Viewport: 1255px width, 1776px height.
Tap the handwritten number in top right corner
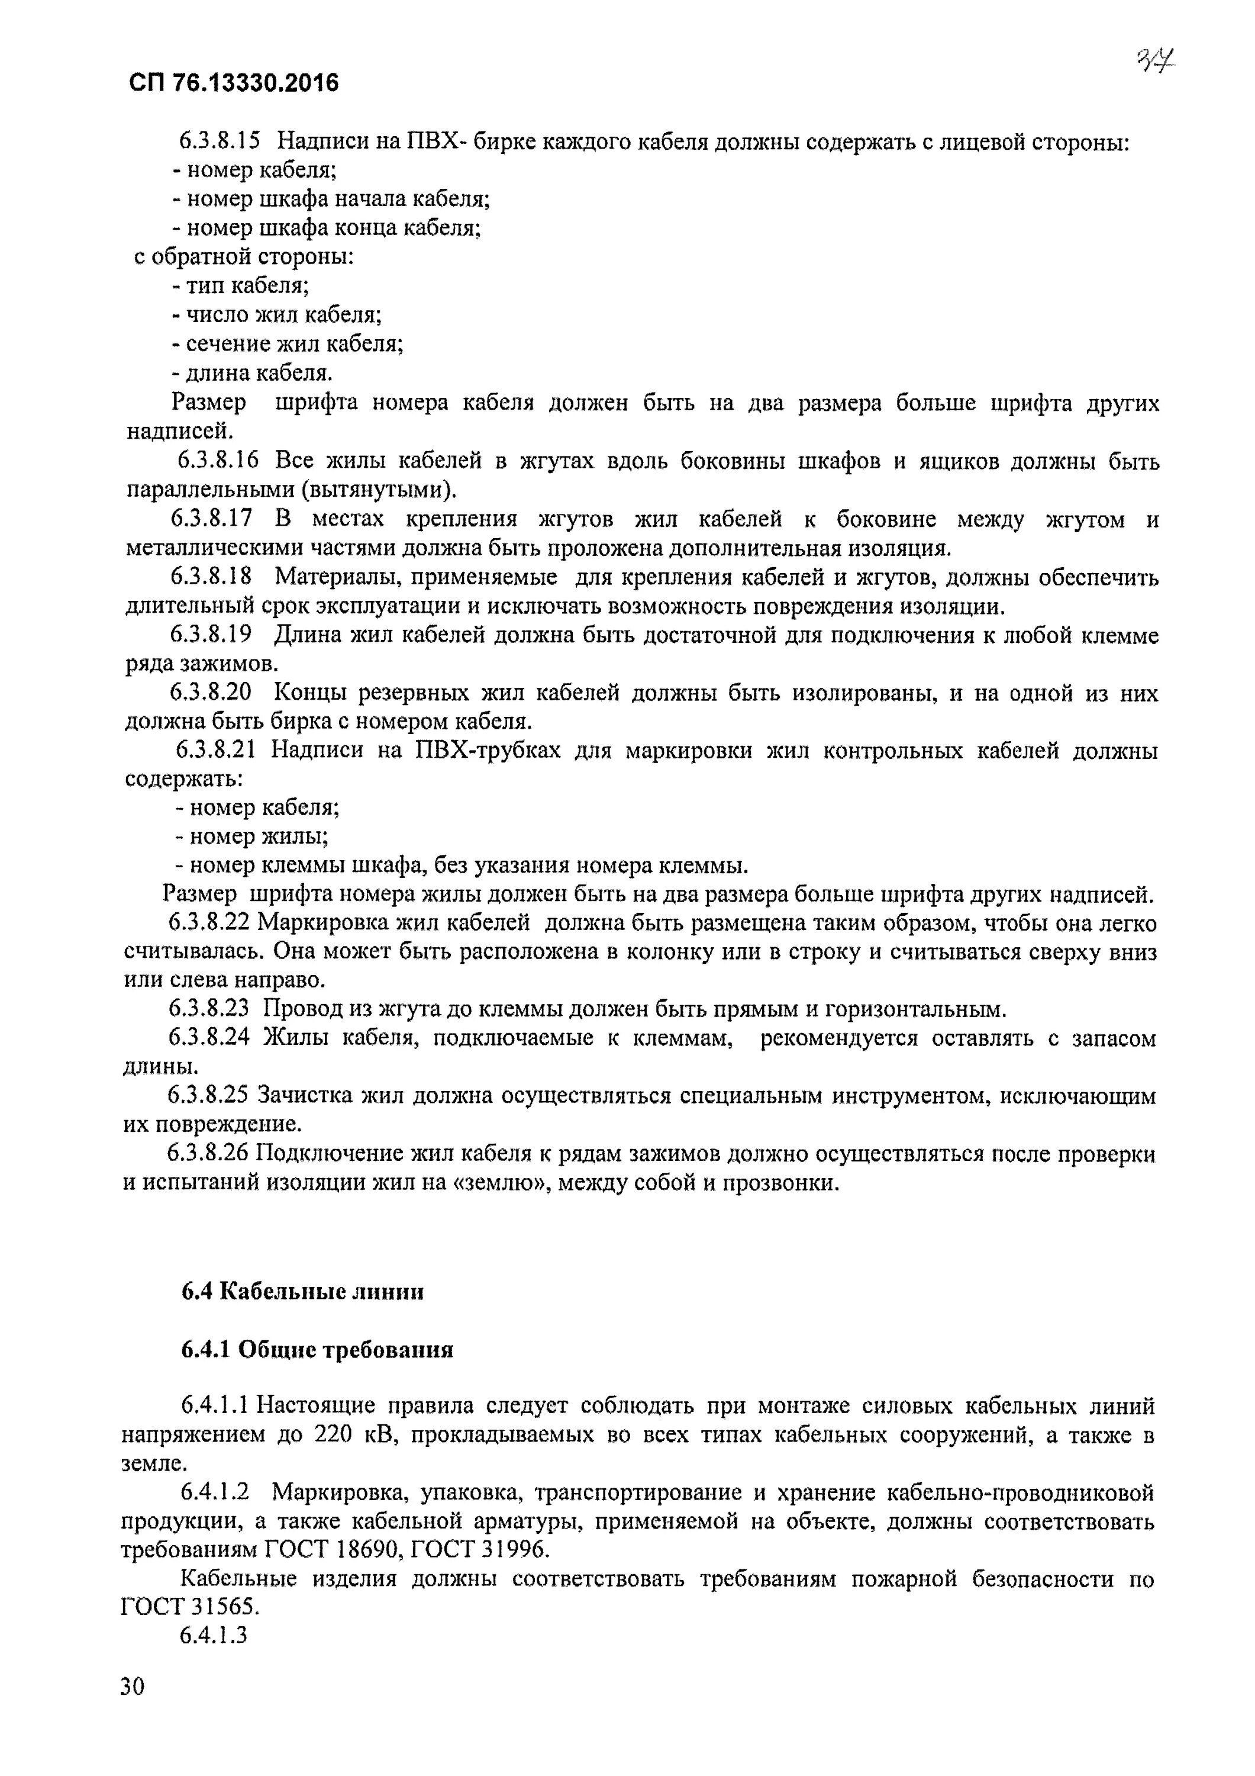tap(1155, 60)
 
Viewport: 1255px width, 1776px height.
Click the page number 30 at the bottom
tap(132, 1706)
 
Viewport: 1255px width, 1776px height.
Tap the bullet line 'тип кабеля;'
tap(240, 285)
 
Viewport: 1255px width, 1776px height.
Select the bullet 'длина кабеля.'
tap(252, 373)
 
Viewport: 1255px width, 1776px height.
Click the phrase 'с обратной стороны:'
tap(244, 257)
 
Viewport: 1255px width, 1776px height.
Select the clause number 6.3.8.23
tap(209, 1009)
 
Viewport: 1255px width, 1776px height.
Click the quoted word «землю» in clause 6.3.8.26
tap(495, 1183)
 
